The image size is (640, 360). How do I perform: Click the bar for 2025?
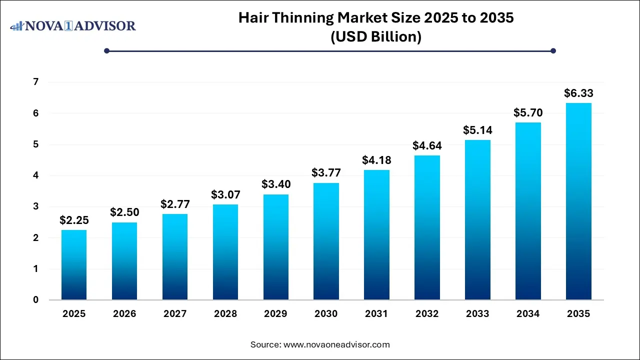click(74, 265)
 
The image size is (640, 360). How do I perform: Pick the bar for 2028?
click(225, 252)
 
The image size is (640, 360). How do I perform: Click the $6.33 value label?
click(578, 93)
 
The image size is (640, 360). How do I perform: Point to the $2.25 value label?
click(74, 220)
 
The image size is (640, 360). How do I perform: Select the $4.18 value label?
click(376, 160)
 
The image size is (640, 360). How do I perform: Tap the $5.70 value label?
click(528, 113)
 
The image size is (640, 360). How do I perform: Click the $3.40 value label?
click(275, 184)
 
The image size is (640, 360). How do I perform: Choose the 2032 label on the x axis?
click(427, 314)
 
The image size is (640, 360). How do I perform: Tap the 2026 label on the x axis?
click(124, 314)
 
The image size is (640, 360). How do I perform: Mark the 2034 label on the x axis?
click(528, 314)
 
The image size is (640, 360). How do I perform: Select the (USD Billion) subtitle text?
click(375, 36)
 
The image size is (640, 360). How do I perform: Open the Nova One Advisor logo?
click(73, 25)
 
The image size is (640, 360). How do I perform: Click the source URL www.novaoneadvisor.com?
click(336, 344)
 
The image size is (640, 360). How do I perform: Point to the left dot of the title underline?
click(106, 50)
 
